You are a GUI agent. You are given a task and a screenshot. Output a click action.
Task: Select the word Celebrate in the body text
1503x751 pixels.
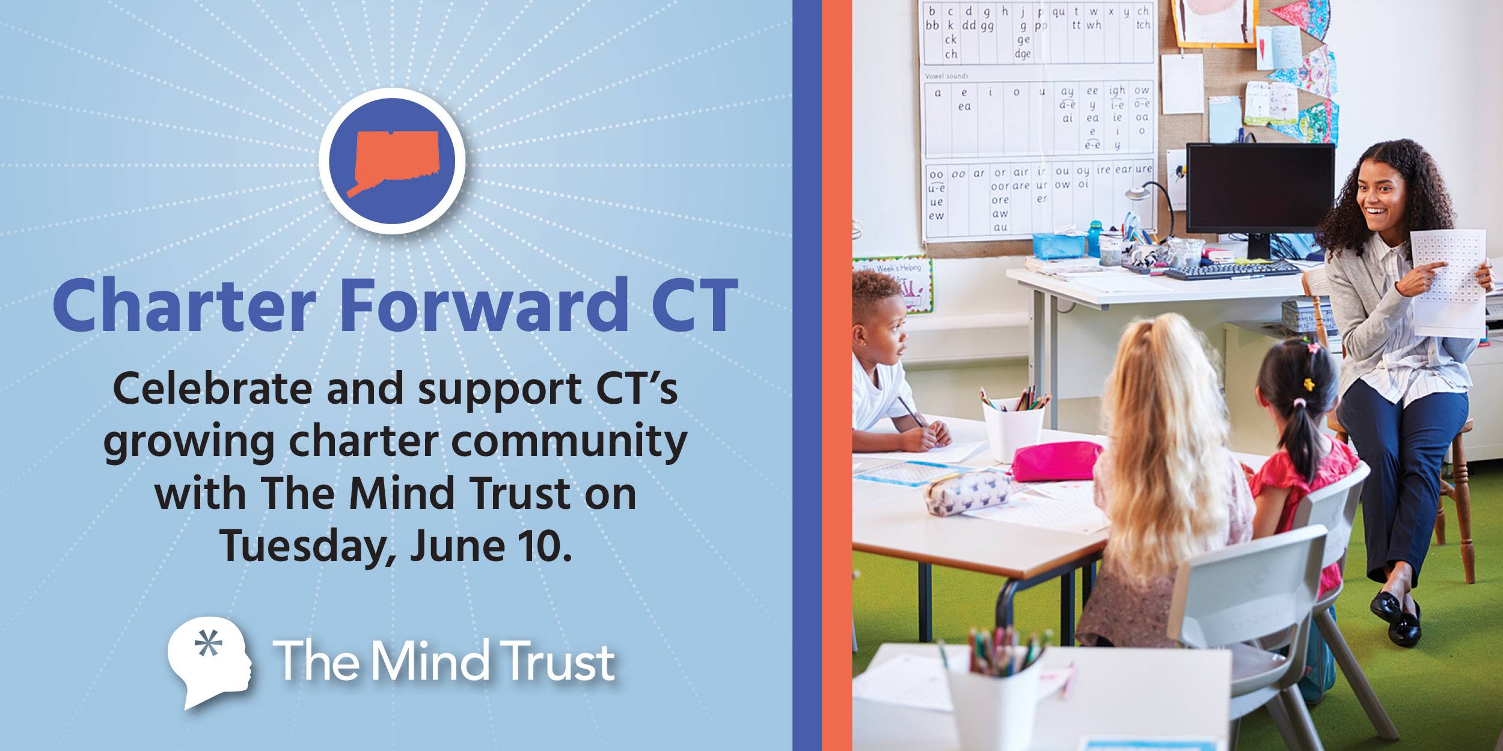[x=212, y=389]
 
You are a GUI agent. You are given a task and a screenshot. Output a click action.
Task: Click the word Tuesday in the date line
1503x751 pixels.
[x=304, y=546]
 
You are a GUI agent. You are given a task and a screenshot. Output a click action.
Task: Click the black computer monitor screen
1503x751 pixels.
[x=1260, y=186]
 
